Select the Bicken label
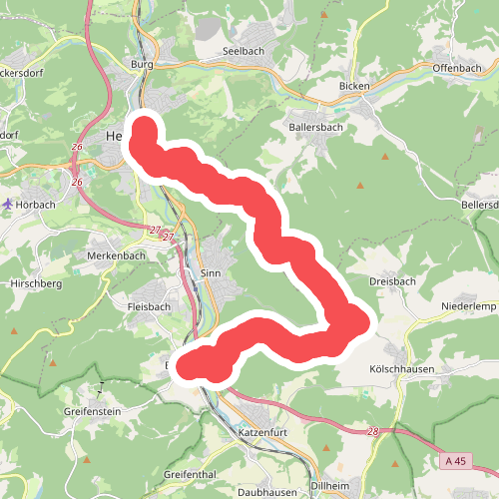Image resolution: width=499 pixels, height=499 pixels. (x=354, y=87)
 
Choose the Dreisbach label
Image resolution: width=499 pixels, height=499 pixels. (x=392, y=282)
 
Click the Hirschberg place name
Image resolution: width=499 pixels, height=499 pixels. (x=35, y=283)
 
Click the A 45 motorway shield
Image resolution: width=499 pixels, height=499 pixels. (x=455, y=460)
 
